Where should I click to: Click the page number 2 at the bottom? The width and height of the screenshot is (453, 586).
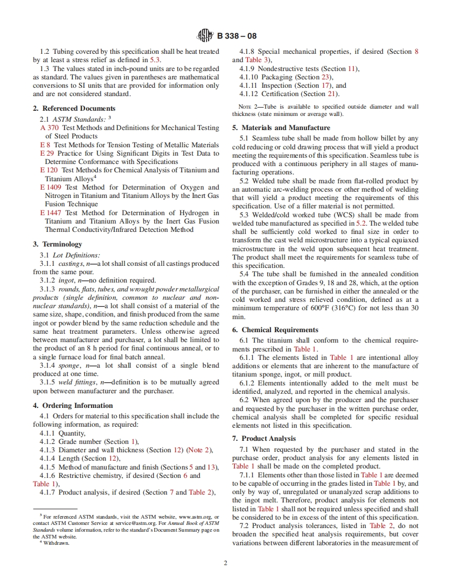226,563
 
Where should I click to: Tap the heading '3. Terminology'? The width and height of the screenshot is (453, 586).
57,244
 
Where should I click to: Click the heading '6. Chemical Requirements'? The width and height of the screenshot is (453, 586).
279,330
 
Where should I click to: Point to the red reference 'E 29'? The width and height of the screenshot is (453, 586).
47,154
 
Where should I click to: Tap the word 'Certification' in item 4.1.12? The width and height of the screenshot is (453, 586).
281,94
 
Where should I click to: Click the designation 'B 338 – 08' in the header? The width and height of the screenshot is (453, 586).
236,37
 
